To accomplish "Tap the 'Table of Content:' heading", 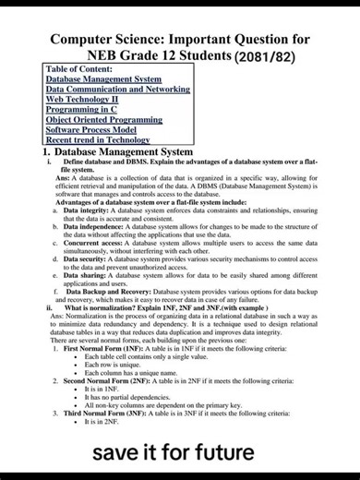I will pyautogui.click(x=81, y=69).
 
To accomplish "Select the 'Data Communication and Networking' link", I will pyautogui.click(x=117, y=90).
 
